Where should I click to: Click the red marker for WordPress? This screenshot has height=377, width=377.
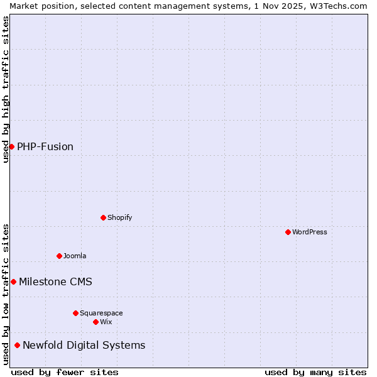click(288, 232)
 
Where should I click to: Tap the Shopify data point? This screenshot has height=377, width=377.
click(103, 217)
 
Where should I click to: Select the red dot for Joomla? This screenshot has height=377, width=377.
click(59, 256)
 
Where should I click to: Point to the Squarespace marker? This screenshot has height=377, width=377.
click(75, 313)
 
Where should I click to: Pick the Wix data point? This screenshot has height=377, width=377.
click(96, 322)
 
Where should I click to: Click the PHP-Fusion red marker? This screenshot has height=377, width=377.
click(11, 146)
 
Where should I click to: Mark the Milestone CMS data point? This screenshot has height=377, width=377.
click(13, 281)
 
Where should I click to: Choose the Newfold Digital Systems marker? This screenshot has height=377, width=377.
click(17, 345)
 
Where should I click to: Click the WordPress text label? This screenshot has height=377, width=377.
click(310, 232)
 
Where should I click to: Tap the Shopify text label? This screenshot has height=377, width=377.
click(119, 217)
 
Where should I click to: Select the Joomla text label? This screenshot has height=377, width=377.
click(75, 256)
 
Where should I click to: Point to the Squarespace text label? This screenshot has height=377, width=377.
click(101, 313)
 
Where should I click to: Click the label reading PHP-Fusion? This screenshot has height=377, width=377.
click(45, 146)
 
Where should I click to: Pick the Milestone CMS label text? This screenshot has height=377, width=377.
click(55, 281)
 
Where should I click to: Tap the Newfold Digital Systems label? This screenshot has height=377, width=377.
click(84, 345)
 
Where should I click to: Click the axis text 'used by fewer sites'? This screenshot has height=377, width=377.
click(65, 372)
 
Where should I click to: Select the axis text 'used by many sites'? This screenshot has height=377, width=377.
click(315, 372)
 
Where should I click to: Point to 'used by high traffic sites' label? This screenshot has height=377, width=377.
click(6, 89)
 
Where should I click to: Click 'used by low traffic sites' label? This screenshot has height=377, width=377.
click(6, 294)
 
